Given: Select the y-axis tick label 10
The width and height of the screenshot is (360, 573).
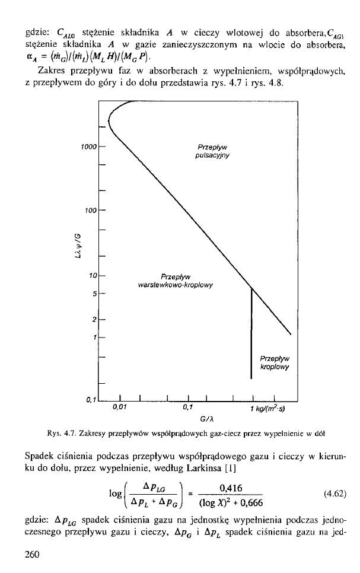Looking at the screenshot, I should pos(93,276).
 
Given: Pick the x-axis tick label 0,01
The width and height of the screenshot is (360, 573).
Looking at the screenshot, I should pos(120,407).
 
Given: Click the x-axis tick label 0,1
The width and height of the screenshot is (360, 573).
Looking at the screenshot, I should pos(189,407).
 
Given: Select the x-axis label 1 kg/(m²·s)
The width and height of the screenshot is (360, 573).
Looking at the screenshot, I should pos(272,408).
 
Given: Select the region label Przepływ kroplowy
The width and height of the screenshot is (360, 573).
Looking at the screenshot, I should pos(273,362).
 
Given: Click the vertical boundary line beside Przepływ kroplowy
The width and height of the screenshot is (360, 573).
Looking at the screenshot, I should pos(252,332).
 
